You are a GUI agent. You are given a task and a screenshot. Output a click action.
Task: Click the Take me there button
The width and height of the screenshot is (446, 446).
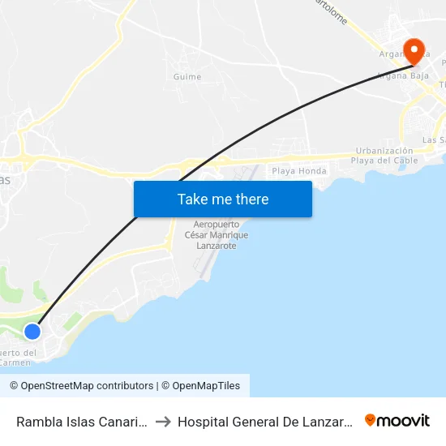click(x=223, y=199)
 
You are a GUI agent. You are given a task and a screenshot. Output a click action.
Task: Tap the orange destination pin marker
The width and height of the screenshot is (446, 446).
click(x=414, y=51)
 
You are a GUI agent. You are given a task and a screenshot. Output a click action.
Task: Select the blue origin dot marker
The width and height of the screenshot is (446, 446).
click(x=32, y=331)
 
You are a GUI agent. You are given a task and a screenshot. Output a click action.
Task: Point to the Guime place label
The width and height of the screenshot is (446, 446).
click(x=187, y=77)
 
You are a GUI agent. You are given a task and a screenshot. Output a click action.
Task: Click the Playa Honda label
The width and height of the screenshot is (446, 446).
click(x=299, y=171)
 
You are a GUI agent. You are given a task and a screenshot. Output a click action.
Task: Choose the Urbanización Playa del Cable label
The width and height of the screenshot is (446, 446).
click(x=384, y=156)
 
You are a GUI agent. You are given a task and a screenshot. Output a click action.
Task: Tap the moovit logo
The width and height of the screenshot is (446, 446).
click(x=397, y=421)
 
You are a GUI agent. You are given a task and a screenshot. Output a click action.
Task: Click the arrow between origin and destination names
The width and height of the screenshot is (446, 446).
click(x=162, y=422)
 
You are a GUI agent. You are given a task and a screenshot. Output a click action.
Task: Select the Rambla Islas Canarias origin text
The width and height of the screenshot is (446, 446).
click(x=81, y=422)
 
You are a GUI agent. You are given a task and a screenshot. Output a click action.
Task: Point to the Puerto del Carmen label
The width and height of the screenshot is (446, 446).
click(x=18, y=358)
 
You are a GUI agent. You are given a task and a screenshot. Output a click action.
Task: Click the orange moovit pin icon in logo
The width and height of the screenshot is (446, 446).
click(x=371, y=421)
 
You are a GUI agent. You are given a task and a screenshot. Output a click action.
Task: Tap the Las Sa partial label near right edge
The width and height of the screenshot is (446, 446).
click(x=434, y=139)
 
